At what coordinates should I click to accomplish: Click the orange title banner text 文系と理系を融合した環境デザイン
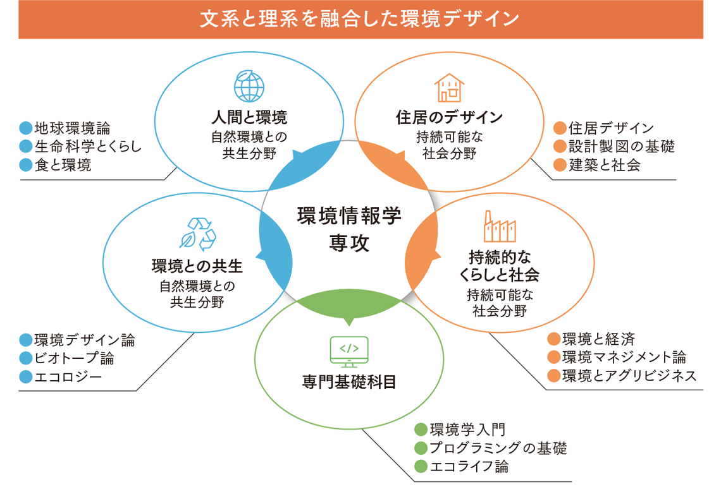pyautogui.click(x=360, y=19)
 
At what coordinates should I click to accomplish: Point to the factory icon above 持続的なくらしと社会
pyautogui.click(x=500, y=226)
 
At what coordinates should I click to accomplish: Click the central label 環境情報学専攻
pyautogui.click(x=349, y=227)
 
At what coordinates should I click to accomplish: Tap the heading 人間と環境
pyautogui.click(x=249, y=117)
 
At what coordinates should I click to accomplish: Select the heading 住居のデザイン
pyautogui.click(x=449, y=117)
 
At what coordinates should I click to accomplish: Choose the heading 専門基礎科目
pyautogui.click(x=349, y=382)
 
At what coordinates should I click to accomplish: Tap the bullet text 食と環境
pyautogui.click(x=63, y=165)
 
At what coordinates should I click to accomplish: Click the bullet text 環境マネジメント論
pyautogui.click(x=624, y=357)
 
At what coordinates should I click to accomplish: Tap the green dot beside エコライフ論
pyautogui.click(x=419, y=467)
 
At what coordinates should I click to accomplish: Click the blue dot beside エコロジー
pyautogui.click(x=25, y=377)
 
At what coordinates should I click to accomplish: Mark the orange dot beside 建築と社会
pyautogui.click(x=559, y=165)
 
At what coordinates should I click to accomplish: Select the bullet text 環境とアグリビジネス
pyautogui.click(x=629, y=376)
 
